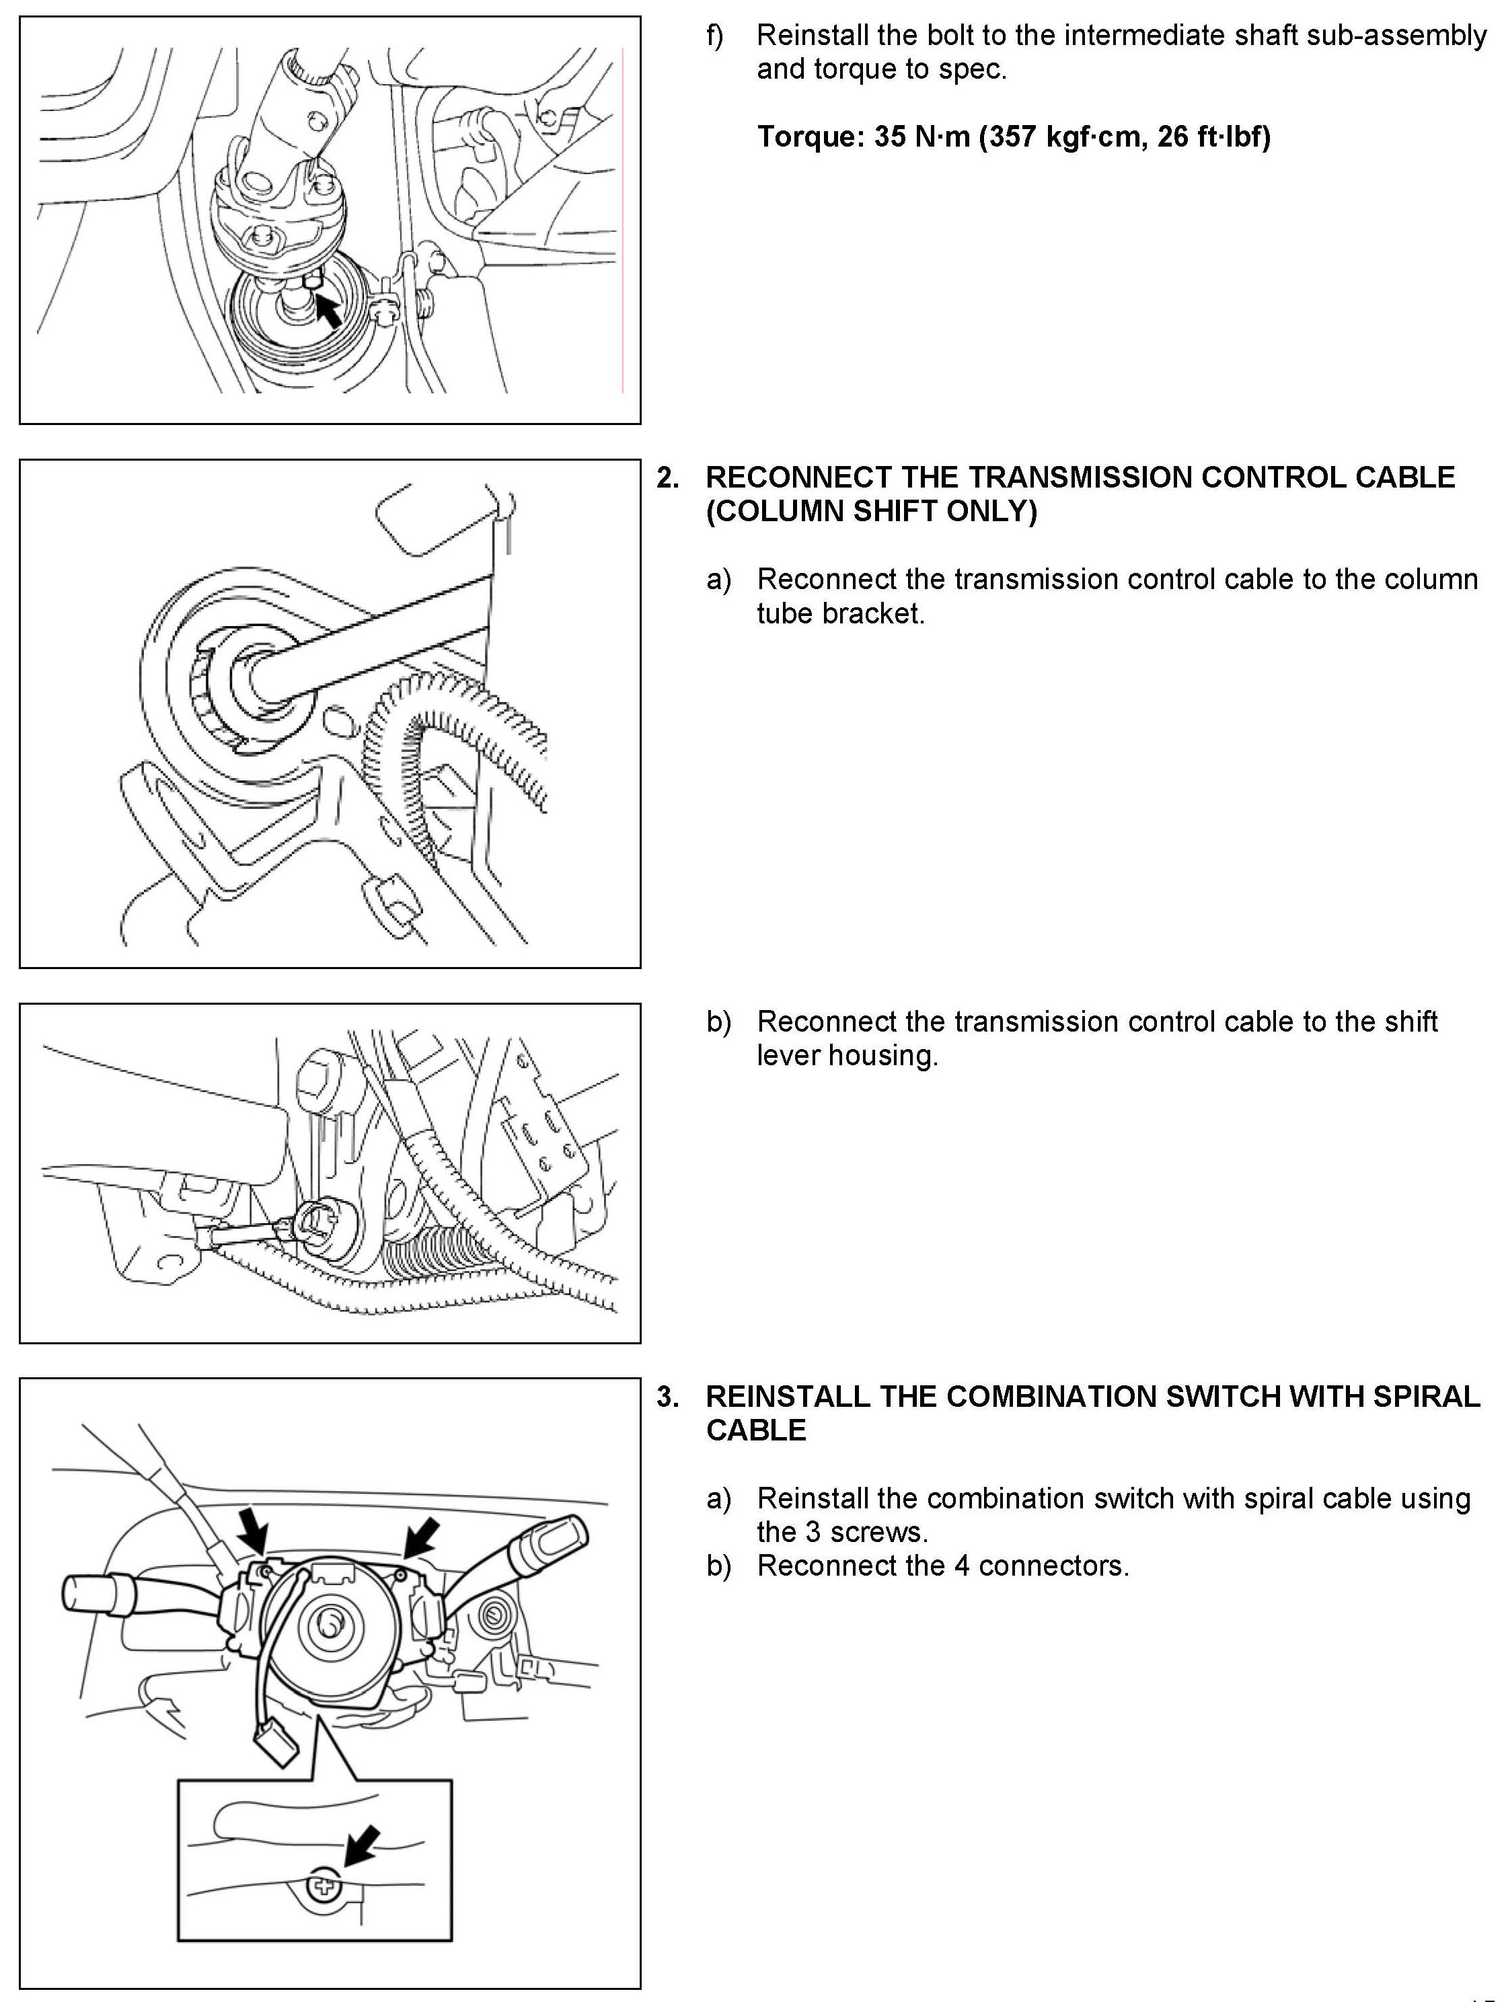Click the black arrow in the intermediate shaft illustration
(x=328, y=311)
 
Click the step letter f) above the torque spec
(x=715, y=36)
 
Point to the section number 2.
(x=668, y=478)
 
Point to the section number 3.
(x=668, y=1397)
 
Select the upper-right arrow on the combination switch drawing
(x=421, y=1536)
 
